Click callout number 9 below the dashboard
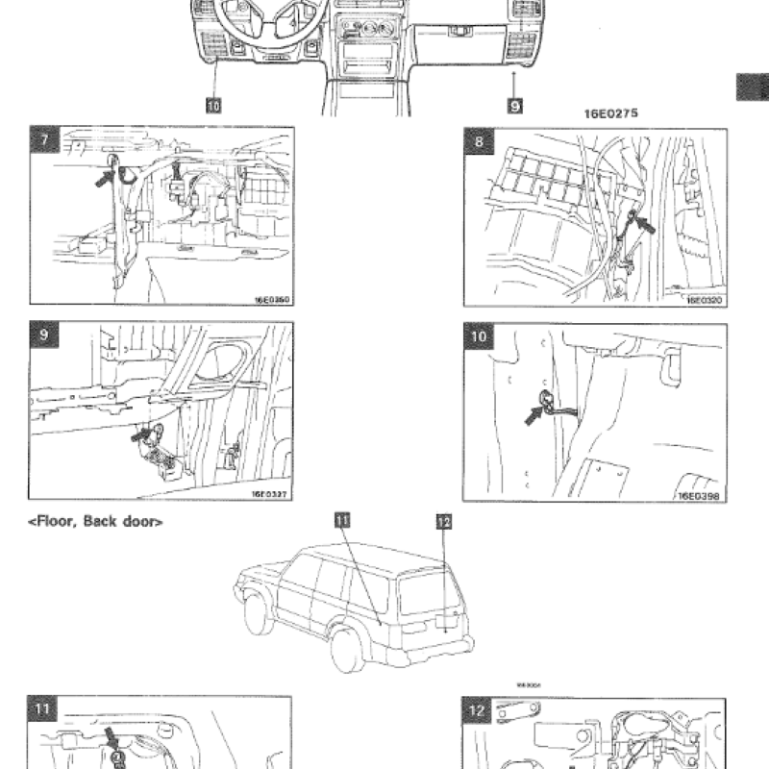click(x=515, y=105)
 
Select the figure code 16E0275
click(x=611, y=113)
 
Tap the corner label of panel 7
click(x=43, y=139)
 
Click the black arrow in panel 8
click(x=645, y=227)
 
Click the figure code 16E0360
click(x=272, y=300)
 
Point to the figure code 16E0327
click(x=271, y=496)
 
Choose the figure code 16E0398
click(x=701, y=496)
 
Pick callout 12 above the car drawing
click(x=443, y=522)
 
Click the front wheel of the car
click(x=256, y=616)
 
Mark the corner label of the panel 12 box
click(x=479, y=711)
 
